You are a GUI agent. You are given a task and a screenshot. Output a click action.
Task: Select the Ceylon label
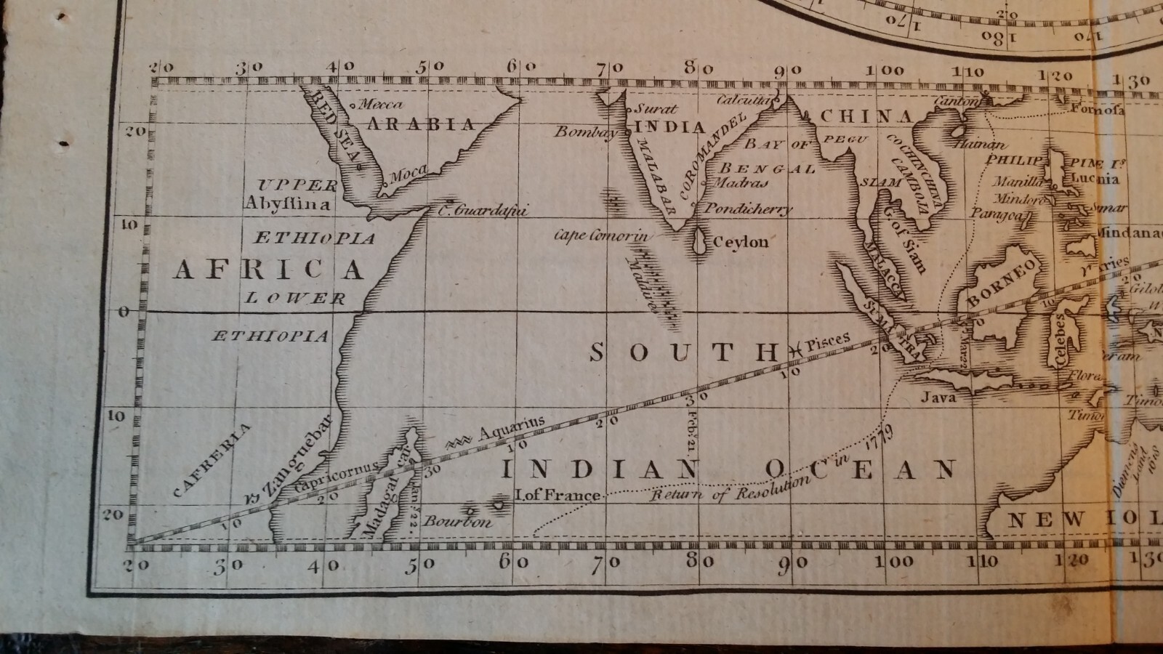click(741, 242)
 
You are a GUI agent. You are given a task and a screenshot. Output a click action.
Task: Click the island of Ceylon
click(701, 243)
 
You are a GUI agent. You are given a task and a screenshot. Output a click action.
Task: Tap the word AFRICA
click(268, 270)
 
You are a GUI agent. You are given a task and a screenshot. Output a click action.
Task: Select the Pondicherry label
click(749, 209)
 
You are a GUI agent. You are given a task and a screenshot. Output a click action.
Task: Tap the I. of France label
click(558, 495)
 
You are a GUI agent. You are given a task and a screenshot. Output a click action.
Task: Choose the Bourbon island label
click(457, 522)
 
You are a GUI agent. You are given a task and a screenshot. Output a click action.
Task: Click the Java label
click(938, 397)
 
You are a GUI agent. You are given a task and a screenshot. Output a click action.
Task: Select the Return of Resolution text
click(729, 490)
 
